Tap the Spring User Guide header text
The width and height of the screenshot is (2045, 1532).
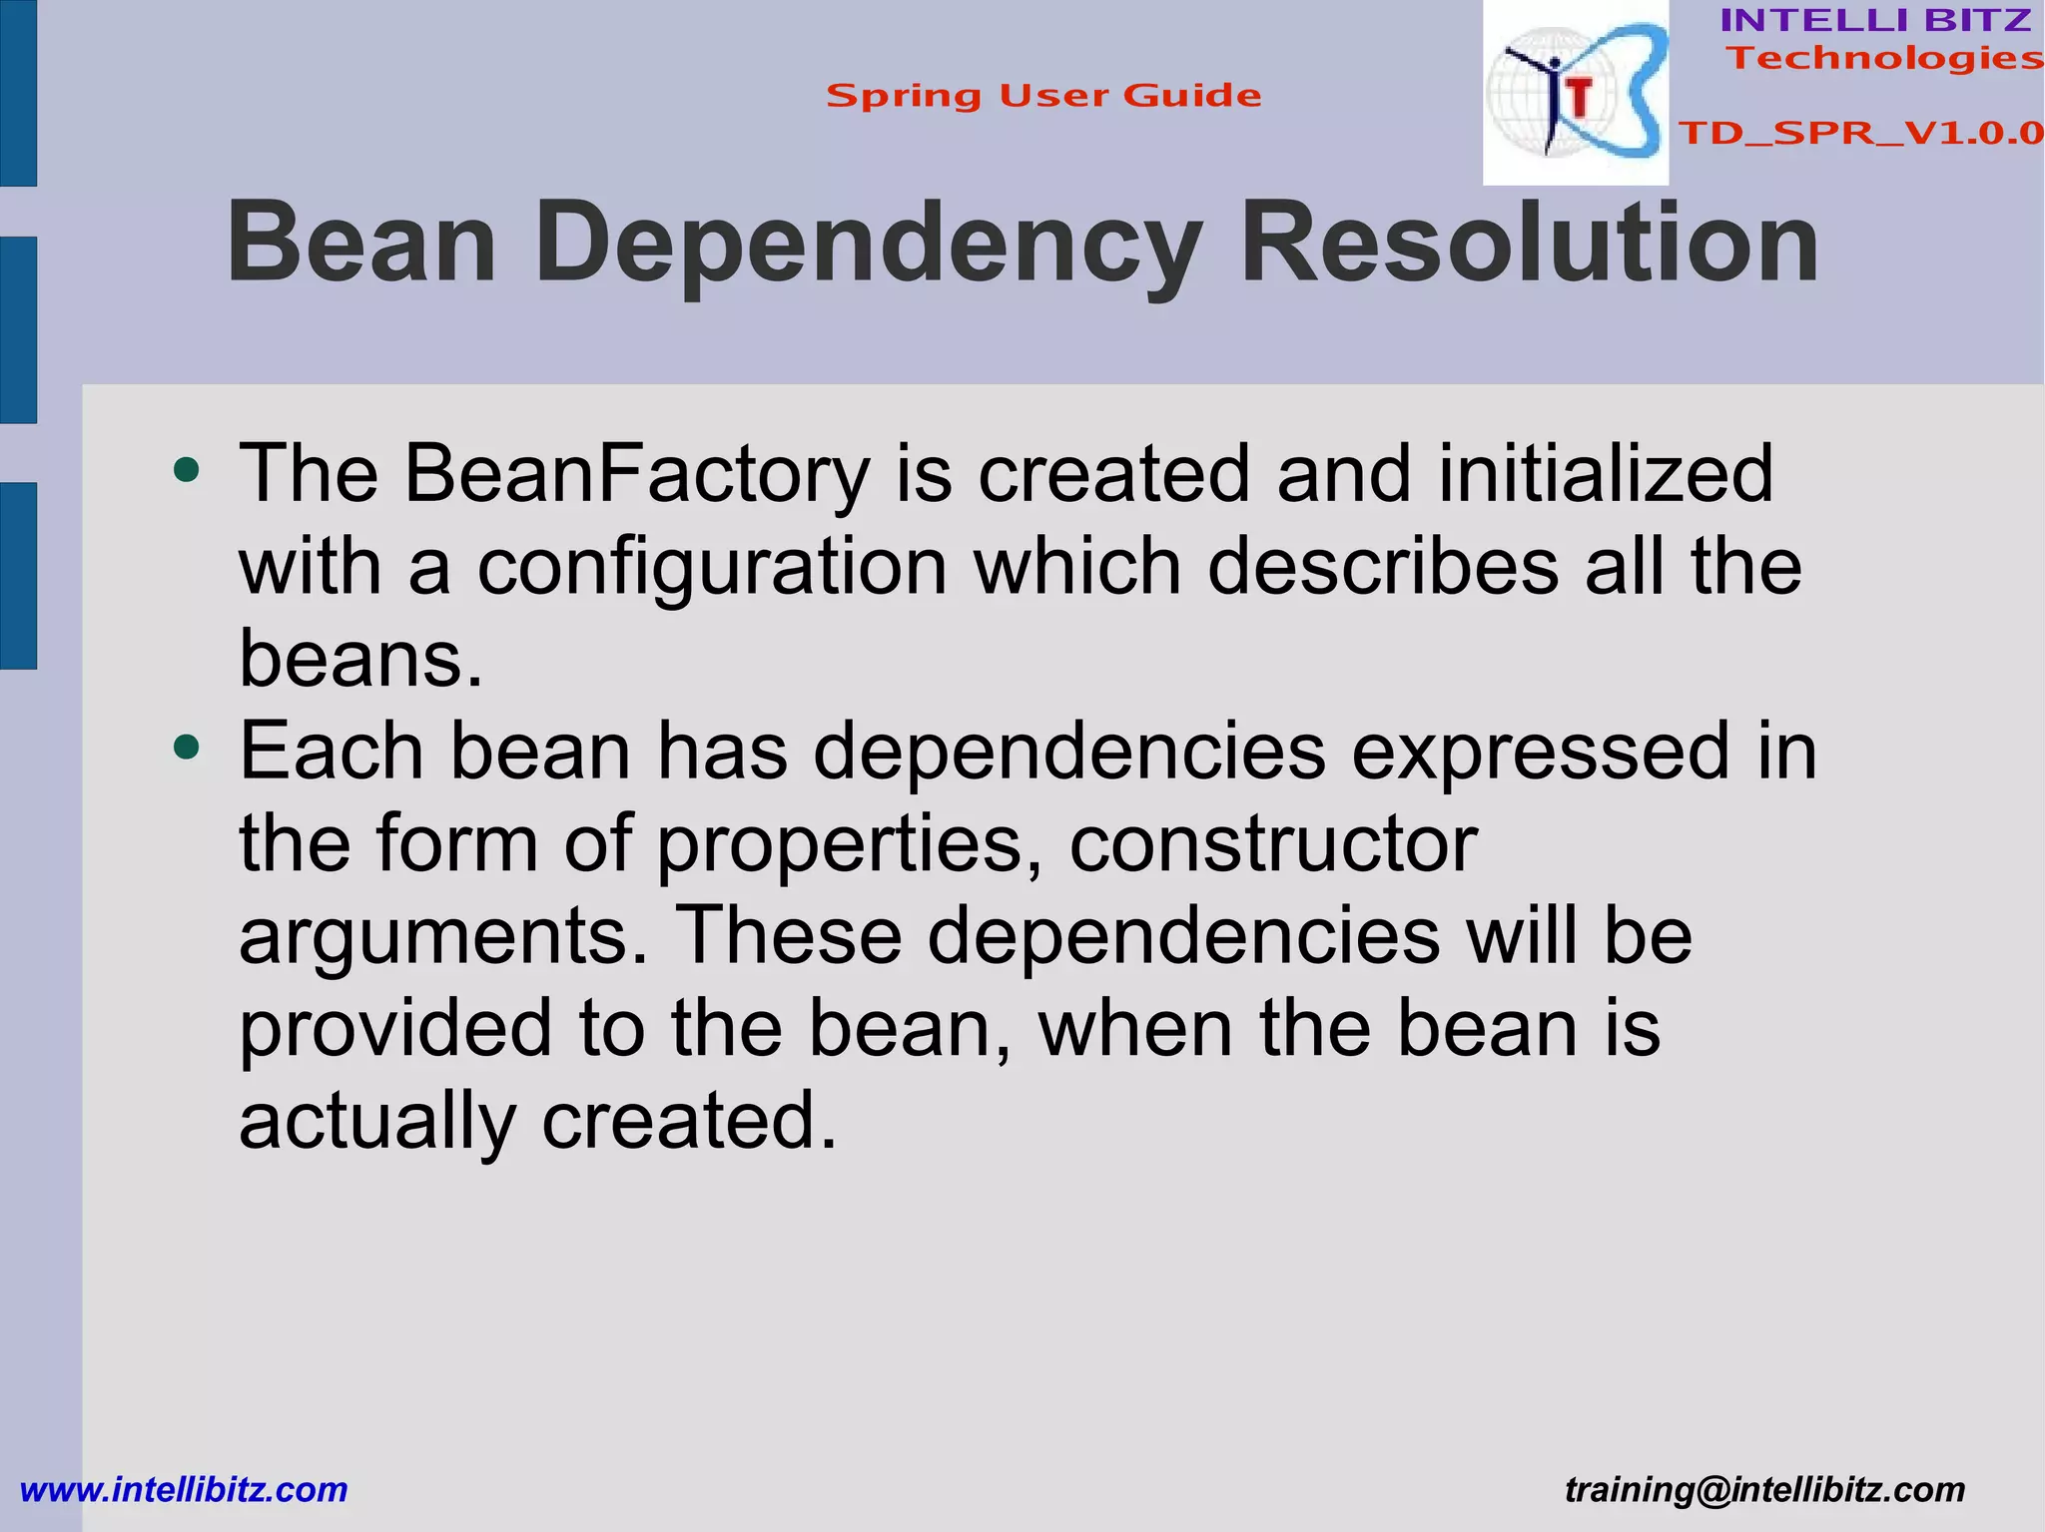pyautogui.click(x=1043, y=96)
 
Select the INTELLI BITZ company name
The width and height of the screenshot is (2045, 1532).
pyautogui.click(x=1875, y=20)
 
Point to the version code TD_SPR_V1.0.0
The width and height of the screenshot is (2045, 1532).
pyautogui.click(x=1860, y=133)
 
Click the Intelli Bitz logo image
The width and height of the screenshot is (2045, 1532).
pyautogui.click(x=1575, y=93)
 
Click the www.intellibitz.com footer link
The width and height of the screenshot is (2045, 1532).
pyautogui.click(x=184, y=1489)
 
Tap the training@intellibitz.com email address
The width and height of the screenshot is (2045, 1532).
pyautogui.click(x=1764, y=1489)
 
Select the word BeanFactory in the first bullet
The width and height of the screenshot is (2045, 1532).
pyautogui.click(x=637, y=474)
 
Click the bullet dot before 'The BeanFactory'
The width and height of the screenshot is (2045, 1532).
pyautogui.click(x=186, y=469)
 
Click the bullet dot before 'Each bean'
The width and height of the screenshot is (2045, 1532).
pyautogui.click(x=186, y=746)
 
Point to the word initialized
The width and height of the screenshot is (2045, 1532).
pyautogui.click(x=1606, y=474)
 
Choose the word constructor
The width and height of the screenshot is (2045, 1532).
pyautogui.click(x=1273, y=844)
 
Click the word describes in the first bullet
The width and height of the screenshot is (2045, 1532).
pyautogui.click(x=1383, y=567)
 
